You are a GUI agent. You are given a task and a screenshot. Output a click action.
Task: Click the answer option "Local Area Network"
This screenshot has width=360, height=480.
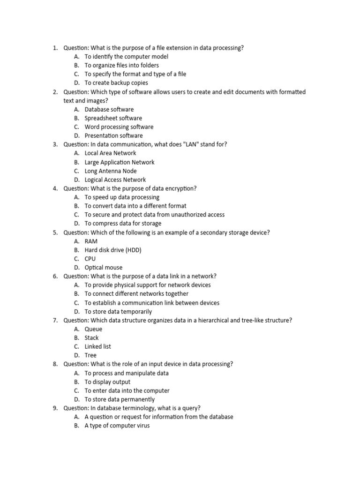click(x=110, y=153)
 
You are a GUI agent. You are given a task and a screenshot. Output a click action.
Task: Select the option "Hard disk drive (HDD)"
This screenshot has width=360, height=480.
click(x=112, y=250)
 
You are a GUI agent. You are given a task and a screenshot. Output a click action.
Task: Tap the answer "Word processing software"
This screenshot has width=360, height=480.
click(x=119, y=127)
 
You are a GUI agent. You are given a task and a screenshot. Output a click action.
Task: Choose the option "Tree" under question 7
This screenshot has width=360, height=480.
click(x=90, y=355)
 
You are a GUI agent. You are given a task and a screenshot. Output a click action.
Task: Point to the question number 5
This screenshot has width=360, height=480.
click(x=55, y=232)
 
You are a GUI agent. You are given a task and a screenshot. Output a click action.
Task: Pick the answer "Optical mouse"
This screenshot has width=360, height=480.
click(x=103, y=268)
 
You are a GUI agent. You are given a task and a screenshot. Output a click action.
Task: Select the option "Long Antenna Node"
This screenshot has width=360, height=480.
click(x=111, y=171)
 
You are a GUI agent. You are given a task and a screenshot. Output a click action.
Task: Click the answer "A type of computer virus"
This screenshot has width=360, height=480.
click(x=117, y=426)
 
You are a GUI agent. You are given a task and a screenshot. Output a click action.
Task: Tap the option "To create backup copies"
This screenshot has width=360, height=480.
click(x=116, y=83)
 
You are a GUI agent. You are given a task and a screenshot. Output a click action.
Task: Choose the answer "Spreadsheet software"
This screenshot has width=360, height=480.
click(x=113, y=118)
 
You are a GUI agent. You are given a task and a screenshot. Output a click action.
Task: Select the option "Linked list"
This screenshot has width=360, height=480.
click(x=97, y=346)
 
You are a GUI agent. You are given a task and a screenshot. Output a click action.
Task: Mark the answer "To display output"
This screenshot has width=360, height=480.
click(x=107, y=382)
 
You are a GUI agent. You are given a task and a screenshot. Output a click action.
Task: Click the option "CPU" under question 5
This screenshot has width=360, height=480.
click(x=90, y=259)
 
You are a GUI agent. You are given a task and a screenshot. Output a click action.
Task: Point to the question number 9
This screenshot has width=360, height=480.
click(x=55, y=408)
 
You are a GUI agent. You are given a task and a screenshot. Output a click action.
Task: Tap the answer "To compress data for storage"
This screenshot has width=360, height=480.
click(x=123, y=224)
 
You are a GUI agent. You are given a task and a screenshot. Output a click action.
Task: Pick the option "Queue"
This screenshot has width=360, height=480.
click(x=93, y=329)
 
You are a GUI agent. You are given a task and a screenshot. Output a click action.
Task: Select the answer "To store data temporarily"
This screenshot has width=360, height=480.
click(x=118, y=312)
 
